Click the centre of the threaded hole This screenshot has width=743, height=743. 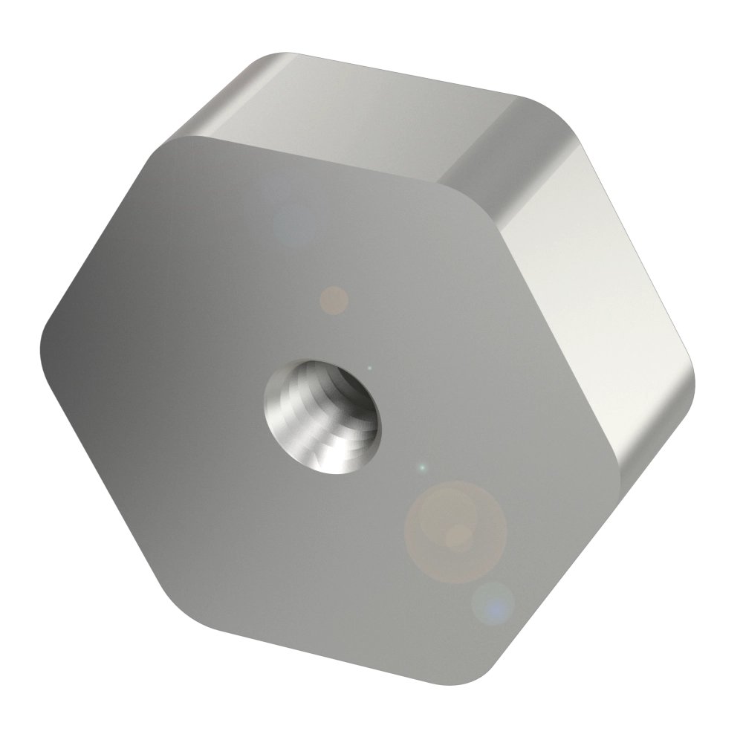[x=320, y=416]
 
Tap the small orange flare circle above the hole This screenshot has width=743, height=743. [x=334, y=299]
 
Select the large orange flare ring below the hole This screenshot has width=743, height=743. [x=455, y=532]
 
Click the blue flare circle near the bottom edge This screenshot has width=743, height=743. [x=493, y=603]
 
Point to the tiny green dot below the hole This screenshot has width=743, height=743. [x=423, y=467]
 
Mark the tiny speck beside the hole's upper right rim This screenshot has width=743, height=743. [x=370, y=367]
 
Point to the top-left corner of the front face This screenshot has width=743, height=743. [x=175, y=141]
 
